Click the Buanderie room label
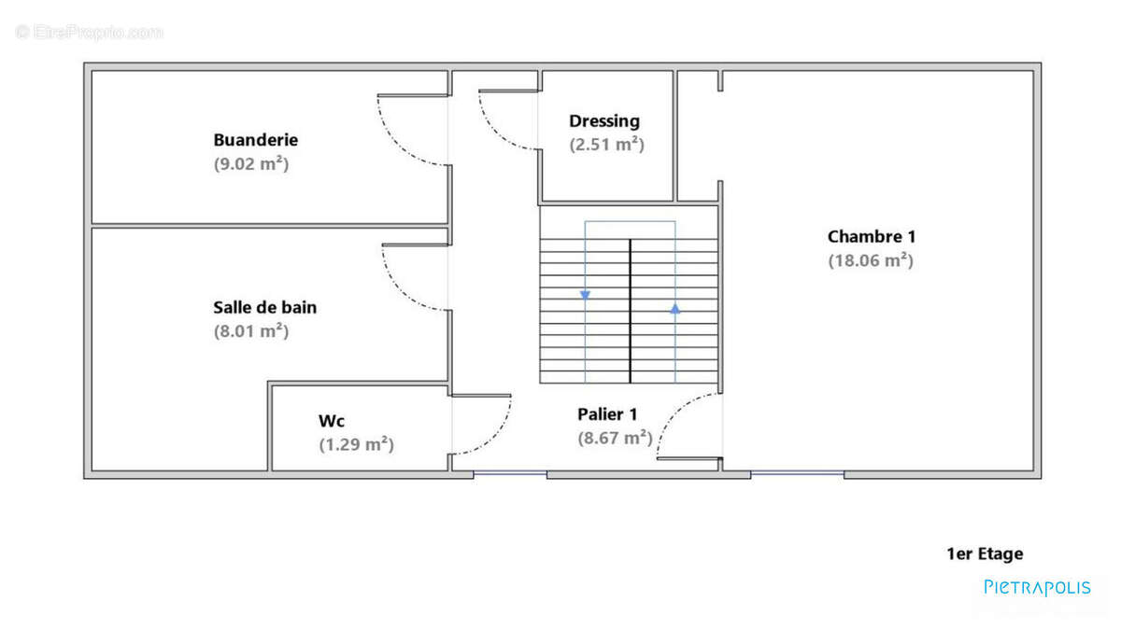coord(255,140)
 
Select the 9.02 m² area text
coord(250,164)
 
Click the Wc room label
coord(332,421)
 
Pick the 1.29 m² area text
coord(356,445)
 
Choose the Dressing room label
coord(604,120)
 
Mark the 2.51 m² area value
coord(606,145)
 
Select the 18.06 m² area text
coord(870,261)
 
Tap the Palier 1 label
coord(607,413)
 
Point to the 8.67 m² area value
coord(614,438)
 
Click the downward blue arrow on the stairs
coord(585,295)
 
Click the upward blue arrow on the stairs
coord(674,306)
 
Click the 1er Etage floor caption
coord(985,553)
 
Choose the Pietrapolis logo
coord(1037,587)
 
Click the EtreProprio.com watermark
coord(89,32)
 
